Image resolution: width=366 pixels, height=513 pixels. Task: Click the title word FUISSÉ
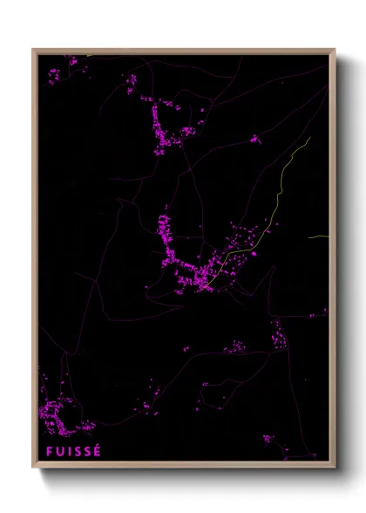click(x=74, y=451)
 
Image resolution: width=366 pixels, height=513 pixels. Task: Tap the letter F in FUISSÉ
click(x=49, y=451)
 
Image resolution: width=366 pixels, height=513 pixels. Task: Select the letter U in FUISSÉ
click(x=59, y=451)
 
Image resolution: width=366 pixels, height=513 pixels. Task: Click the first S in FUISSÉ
click(x=78, y=451)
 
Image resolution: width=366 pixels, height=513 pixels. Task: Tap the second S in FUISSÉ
click(x=88, y=451)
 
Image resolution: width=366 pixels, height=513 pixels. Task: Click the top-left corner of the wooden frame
click(x=34, y=50)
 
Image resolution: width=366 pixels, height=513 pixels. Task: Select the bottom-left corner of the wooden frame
click(x=34, y=467)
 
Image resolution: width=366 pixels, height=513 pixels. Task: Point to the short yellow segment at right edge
click(x=318, y=236)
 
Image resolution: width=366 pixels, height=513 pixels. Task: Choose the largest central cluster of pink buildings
click(x=187, y=266)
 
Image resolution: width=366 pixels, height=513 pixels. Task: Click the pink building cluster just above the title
click(x=59, y=414)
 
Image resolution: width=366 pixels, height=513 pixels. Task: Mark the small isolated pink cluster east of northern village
click(x=254, y=138)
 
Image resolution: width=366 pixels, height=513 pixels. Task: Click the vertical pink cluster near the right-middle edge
click(x=279, y=334)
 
